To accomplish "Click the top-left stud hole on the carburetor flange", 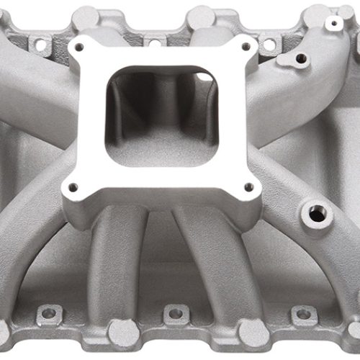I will [79, 47].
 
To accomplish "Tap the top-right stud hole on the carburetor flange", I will [246, 46].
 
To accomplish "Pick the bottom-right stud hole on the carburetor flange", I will [250, 188].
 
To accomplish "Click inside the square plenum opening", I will [161, 115].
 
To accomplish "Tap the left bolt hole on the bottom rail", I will [49, 314].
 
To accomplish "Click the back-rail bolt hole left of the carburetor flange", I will [40, 45].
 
